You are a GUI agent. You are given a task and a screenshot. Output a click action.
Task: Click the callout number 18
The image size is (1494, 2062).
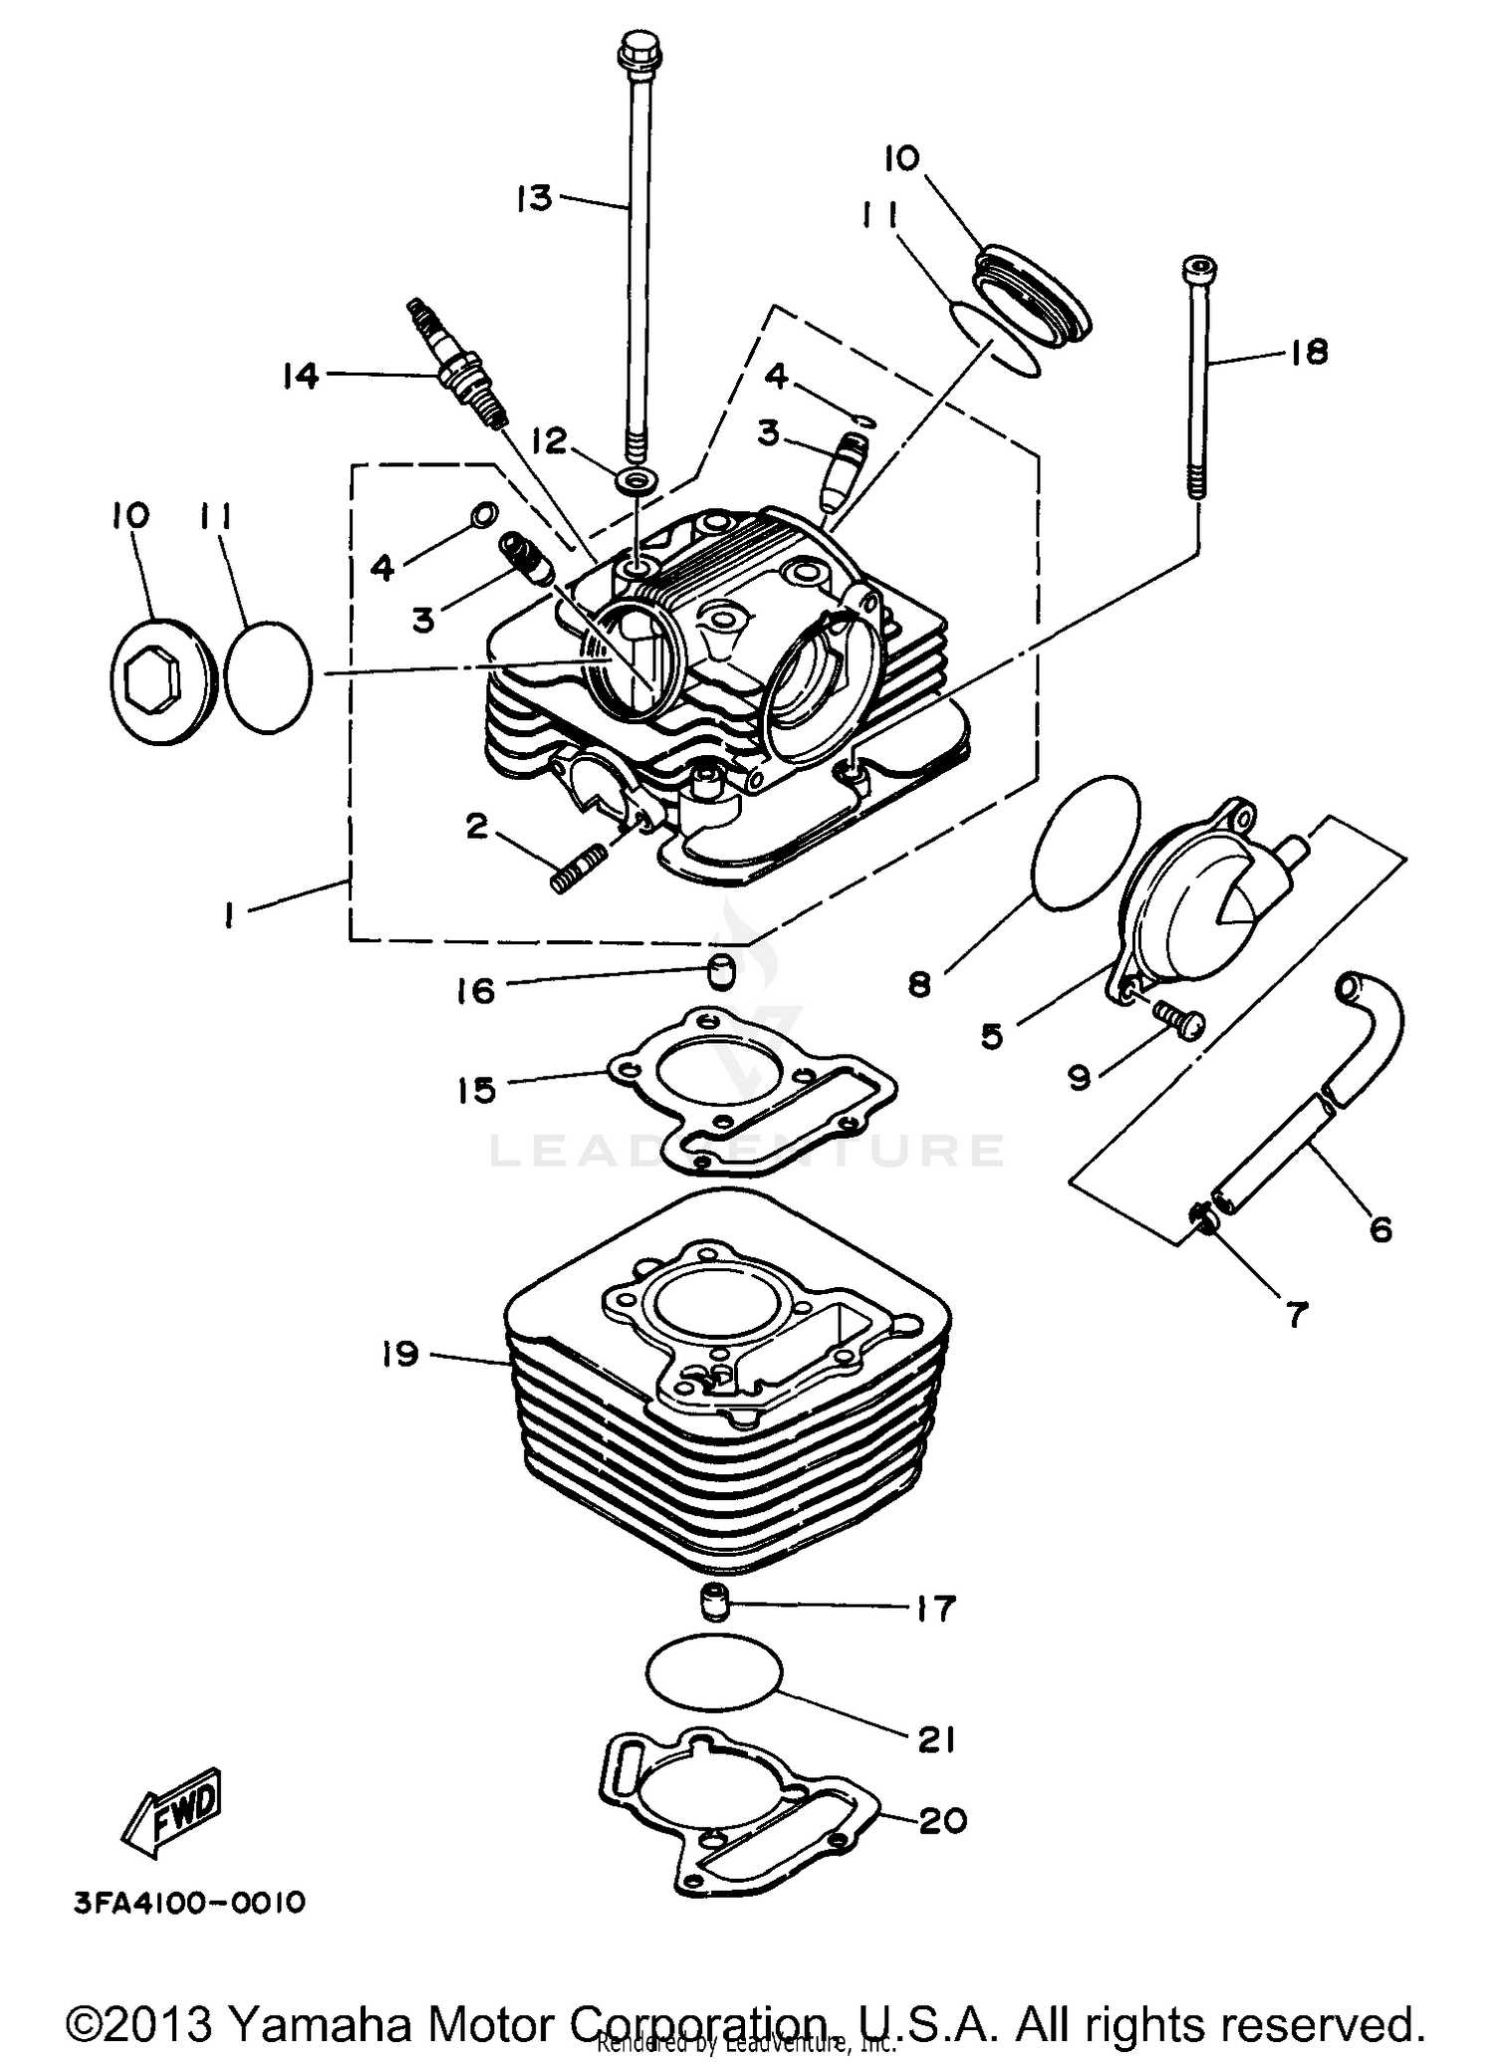point(1309,352)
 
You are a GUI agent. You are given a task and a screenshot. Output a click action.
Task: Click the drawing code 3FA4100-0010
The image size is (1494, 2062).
point(189,1904)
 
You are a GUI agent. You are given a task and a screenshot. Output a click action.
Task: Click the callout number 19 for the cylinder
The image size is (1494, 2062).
point(399,1354)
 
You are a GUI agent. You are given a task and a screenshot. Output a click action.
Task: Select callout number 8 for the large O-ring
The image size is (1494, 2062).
point(919,984)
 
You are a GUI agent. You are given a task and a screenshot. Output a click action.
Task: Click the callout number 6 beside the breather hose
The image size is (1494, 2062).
point(1379,1229)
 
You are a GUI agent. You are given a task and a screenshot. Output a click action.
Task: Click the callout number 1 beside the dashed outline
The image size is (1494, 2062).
point(230,914)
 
